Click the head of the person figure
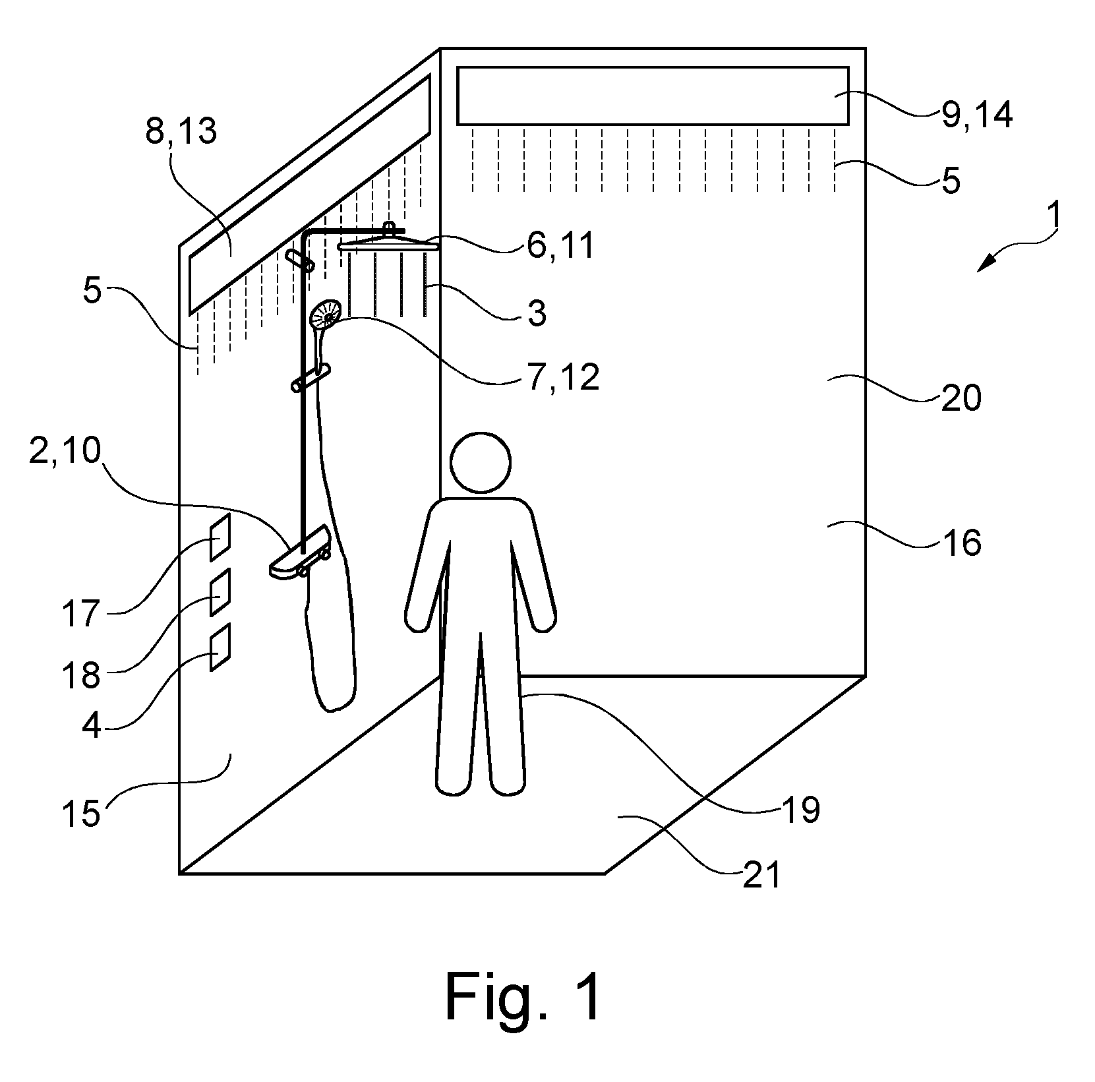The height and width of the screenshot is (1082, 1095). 481,462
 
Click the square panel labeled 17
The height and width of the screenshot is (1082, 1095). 220,537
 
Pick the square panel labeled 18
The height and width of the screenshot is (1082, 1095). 220,592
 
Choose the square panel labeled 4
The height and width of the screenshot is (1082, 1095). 220,647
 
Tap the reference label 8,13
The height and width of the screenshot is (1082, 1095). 181,132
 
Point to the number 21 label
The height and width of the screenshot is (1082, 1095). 761,875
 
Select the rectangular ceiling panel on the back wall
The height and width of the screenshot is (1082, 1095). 653,96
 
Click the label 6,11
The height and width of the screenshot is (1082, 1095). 560,247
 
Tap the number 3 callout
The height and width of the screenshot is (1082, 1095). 537,314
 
